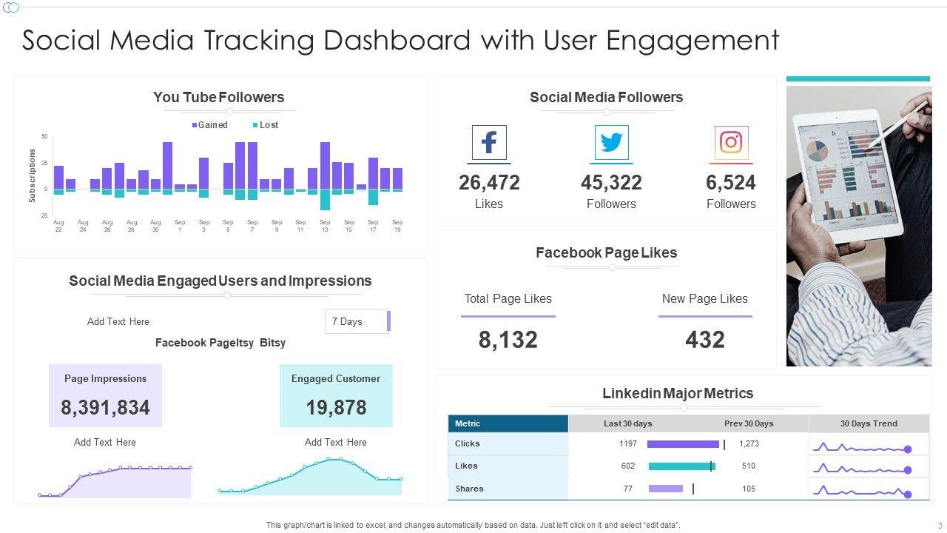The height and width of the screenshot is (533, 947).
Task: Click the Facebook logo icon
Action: [489, 143]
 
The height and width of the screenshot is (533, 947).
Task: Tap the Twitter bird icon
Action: [611, 143]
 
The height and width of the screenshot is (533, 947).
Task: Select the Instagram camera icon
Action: [731, 143]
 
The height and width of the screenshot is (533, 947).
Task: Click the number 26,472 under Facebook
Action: [489, 183]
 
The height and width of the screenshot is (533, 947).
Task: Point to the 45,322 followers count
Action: [611, 183]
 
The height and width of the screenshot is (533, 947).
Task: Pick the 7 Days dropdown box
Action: [357, 321]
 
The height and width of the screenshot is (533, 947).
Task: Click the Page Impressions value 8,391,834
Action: [105, 408]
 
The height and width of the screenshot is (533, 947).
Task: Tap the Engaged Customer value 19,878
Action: [336, 408]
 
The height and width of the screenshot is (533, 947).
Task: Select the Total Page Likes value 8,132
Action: [508, 340]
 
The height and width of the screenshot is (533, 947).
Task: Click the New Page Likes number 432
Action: [704, 340]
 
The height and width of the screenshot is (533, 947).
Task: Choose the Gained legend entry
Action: [210, 125]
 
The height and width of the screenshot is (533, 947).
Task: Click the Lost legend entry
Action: [266, 125]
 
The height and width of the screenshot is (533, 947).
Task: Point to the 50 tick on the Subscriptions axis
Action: [44, 137]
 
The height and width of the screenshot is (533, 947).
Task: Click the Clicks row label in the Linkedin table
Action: [468, 444]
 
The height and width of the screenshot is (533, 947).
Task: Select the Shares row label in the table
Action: [470, 489]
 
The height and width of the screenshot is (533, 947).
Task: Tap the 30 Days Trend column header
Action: [869, 424]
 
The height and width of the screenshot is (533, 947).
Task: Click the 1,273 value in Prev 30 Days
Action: [749, 444]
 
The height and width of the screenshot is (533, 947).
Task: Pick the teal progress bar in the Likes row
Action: [681, 466]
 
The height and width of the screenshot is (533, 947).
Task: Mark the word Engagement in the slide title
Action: [692, 41]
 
